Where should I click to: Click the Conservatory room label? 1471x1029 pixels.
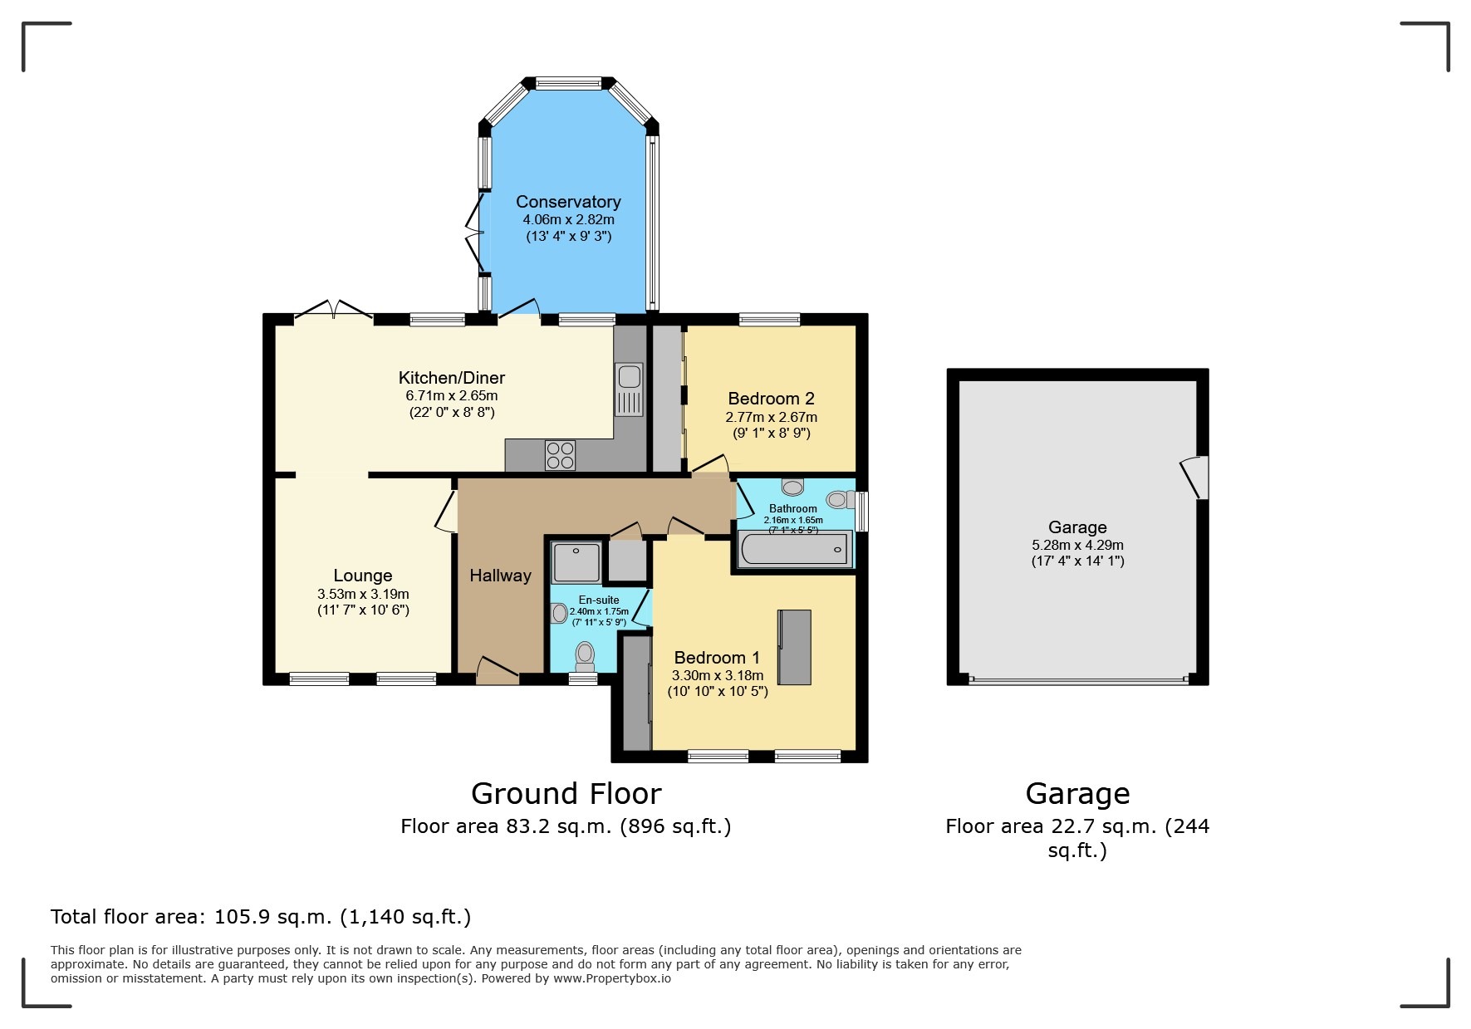point(568,202)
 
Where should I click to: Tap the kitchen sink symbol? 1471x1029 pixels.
point(629,389)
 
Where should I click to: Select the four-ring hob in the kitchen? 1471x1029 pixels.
point(560,455)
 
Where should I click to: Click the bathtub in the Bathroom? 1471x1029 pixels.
point(794,549)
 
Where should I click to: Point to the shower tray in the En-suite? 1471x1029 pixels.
point(576,561)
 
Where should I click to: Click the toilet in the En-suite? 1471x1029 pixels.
point(585,656)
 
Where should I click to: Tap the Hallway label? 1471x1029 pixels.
point(500,576)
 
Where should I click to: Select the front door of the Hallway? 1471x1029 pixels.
point(497,671)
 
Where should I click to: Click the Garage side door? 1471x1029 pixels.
point(1196,477)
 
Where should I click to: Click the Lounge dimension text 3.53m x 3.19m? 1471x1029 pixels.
point(363,594)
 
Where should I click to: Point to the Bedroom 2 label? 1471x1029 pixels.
point(771,399)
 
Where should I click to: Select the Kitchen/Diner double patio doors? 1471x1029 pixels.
point(334,311)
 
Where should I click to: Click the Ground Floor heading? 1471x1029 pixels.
point(566,794)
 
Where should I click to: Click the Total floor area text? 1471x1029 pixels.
point(261,917)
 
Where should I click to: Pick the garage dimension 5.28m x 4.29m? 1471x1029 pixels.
point(1077,545)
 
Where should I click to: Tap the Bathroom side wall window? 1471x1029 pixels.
point(862,511)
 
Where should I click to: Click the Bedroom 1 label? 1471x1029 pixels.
point(717,658)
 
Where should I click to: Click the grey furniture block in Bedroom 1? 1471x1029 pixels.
point(794,647)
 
